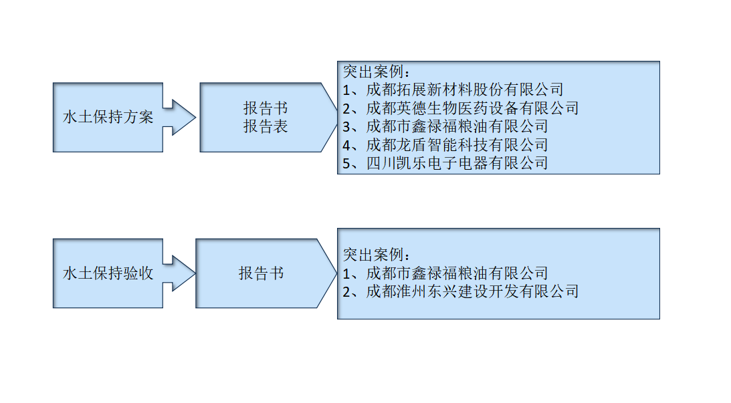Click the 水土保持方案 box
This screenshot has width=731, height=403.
tap(108, 118)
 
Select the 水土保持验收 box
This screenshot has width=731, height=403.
tap(108, 273)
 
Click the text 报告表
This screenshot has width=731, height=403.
tap(266, 127)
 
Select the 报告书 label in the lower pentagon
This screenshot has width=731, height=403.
tap(262, 273)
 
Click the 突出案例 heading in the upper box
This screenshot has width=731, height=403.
tap(375, 72)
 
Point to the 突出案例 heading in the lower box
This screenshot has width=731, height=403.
tap(375, 255)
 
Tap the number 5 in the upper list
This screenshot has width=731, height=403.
tap(347, 163)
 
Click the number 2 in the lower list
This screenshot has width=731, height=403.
tap(347, 291)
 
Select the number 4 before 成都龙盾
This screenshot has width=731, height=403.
tap(347, 144)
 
